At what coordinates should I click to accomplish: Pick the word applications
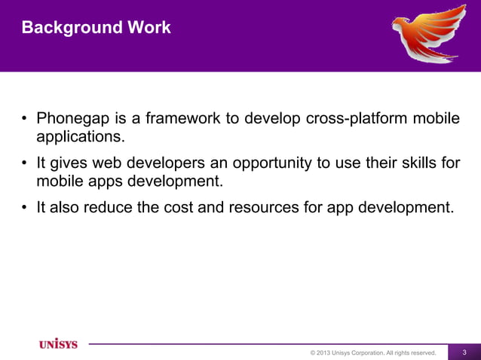pyautogui.click(x=78, y=138)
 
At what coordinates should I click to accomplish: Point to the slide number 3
pyautogui.click(x=464, y=352)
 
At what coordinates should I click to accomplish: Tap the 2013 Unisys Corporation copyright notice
pyautogui.click(x=373, y=352)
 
